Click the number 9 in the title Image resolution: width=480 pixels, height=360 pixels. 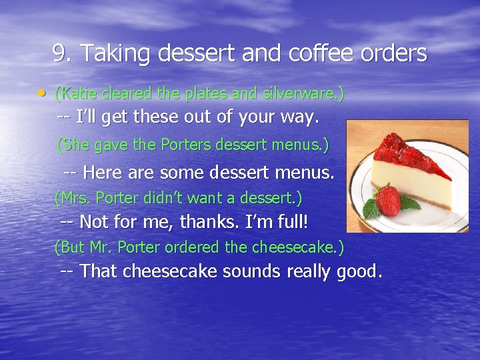tap(60, 53)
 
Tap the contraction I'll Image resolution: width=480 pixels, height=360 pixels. tap(85, 118)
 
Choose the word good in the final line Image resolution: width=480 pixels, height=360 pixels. tap(360, 272)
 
